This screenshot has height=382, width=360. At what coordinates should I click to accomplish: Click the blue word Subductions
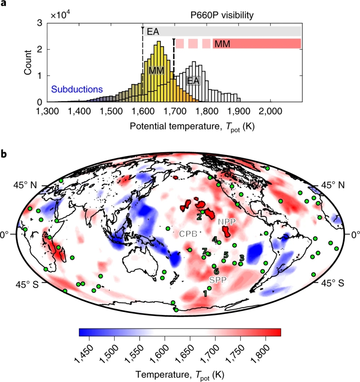click(x=77, y=90)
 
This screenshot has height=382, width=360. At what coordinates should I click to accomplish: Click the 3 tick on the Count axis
click(x=39, y=23)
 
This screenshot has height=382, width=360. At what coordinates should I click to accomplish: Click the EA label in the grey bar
click(x=152, y=31)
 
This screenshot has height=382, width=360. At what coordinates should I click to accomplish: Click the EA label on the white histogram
click(x=193, y=81)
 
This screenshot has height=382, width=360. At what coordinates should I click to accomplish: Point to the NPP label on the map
click(x=227, y=222)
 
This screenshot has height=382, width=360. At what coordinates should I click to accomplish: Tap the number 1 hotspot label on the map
click(x=205, y=293)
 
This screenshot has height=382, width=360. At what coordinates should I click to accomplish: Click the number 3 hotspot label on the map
click(x=242, y=258)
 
